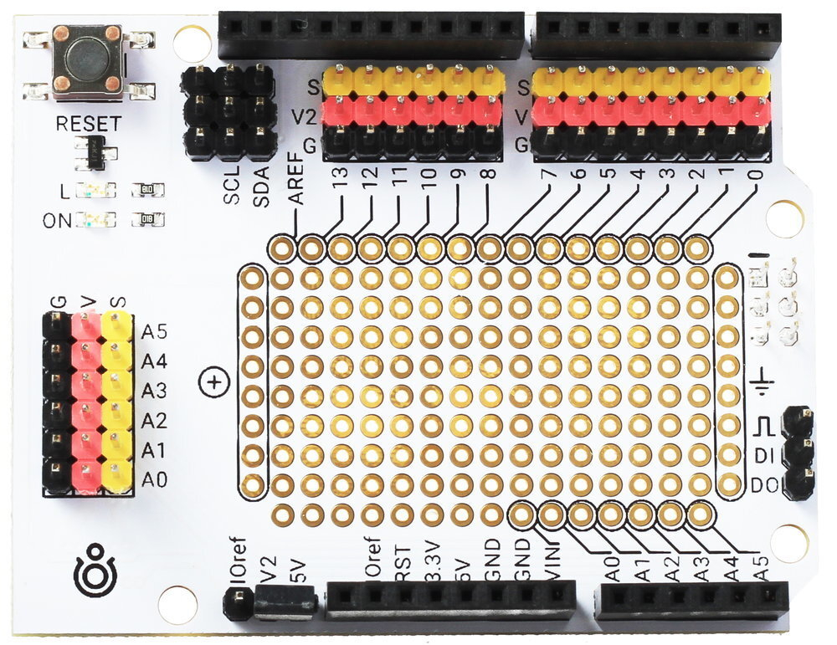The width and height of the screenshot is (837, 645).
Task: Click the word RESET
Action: point(88,124)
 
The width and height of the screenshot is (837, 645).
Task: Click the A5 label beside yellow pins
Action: point(154,330)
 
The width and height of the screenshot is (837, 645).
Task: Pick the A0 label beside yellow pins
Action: point(154,479)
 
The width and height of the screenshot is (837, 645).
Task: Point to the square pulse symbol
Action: point(762,427)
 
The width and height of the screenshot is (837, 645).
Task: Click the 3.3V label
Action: point(431,565)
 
